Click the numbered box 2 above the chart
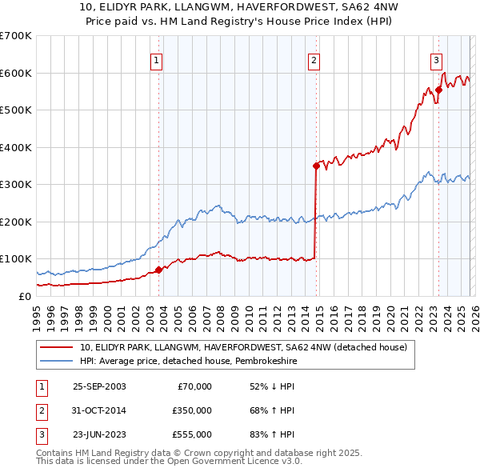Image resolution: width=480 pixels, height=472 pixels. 314,59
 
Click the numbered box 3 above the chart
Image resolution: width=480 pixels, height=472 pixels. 436,59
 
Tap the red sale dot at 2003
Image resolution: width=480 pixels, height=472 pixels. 158,270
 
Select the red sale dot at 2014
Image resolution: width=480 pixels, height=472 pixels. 316,166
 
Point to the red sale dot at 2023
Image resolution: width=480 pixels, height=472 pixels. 438,90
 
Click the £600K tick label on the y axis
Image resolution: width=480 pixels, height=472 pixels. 15,73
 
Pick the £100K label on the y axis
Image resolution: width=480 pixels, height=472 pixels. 15,259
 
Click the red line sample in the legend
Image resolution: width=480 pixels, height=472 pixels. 57,347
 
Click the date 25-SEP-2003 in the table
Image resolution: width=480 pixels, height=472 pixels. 99,386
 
